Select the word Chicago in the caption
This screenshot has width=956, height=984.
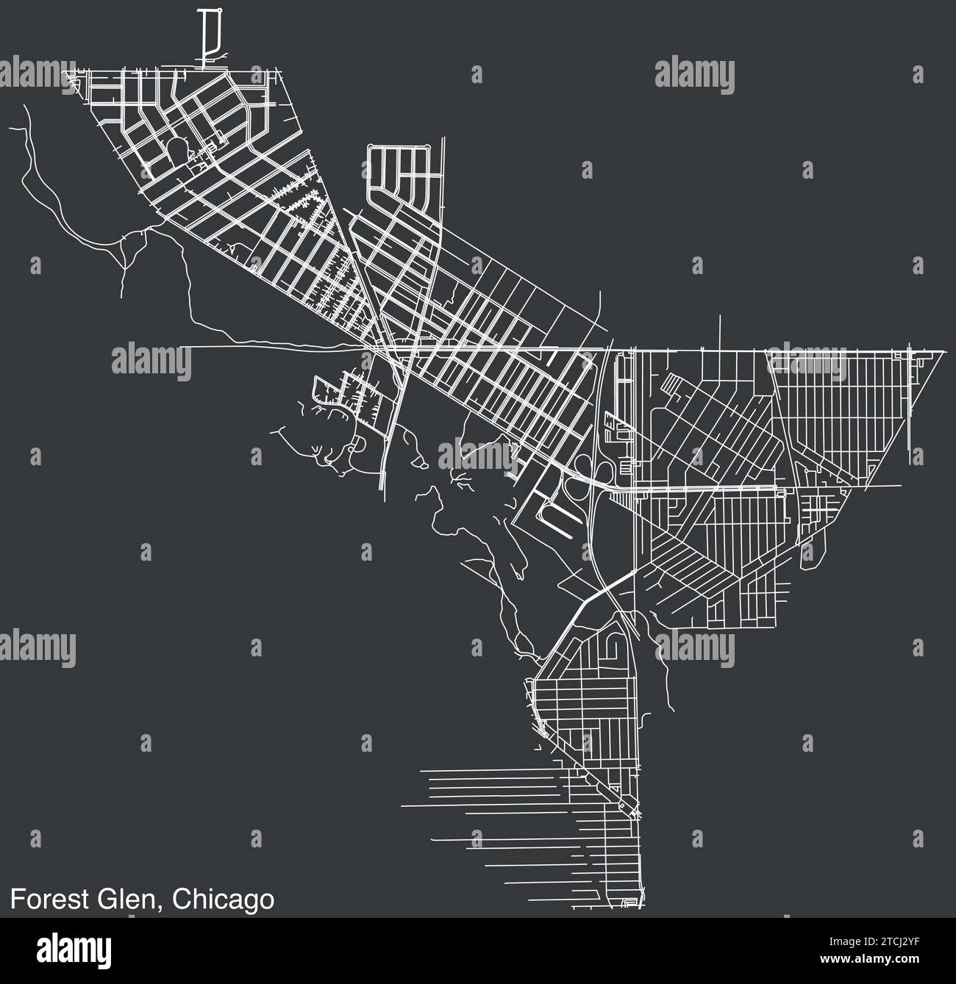pyautogui.click(x=224, y=899)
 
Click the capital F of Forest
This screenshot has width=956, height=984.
pyautogui.click(x=16, y=899)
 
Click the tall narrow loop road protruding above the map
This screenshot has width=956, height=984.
pyautogui.click(x=212, y=37)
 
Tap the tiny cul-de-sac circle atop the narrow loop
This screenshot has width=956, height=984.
pyautogui.click(x=218, y=10)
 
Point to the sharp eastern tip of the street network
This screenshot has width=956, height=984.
pyautogui.click(x=945, y=352)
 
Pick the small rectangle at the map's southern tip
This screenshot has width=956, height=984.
pyautogui.click(x=629, y=902)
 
